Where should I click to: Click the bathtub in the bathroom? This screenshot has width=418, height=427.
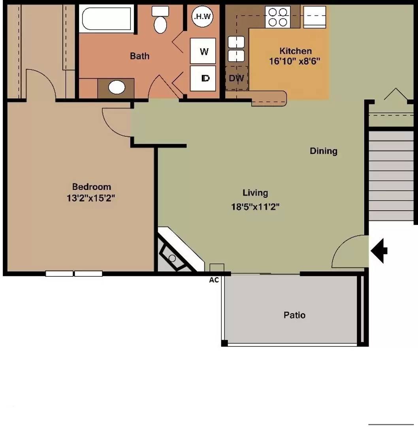click(106, 19)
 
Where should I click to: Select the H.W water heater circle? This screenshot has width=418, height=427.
click(202, 16)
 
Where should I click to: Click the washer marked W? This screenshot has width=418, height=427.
click(203, 51)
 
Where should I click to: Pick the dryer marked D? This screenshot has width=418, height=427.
click(203, 78)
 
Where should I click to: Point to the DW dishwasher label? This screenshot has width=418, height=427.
click(237, 78)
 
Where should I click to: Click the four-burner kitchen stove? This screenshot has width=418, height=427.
click(278, 17)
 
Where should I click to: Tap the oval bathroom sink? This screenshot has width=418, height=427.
click(117, 87)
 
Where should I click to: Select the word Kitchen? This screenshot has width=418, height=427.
click(296, 51)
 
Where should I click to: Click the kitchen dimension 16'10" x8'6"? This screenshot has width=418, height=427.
click(295, 61)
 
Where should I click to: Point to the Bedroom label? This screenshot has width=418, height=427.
click(91, 187)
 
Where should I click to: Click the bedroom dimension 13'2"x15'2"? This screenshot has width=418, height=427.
click(91, 198)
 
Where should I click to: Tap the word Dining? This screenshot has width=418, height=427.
click(324, 151)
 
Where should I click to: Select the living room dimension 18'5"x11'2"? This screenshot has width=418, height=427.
click(255, 207)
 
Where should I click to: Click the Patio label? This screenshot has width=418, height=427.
click(294, 315)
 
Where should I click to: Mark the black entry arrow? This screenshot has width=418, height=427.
click(379, 251)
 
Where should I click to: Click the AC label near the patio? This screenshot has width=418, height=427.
click(214, 280)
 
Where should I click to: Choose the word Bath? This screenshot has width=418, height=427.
click(139, 56)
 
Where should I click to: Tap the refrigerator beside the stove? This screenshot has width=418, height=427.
click(314, 17)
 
